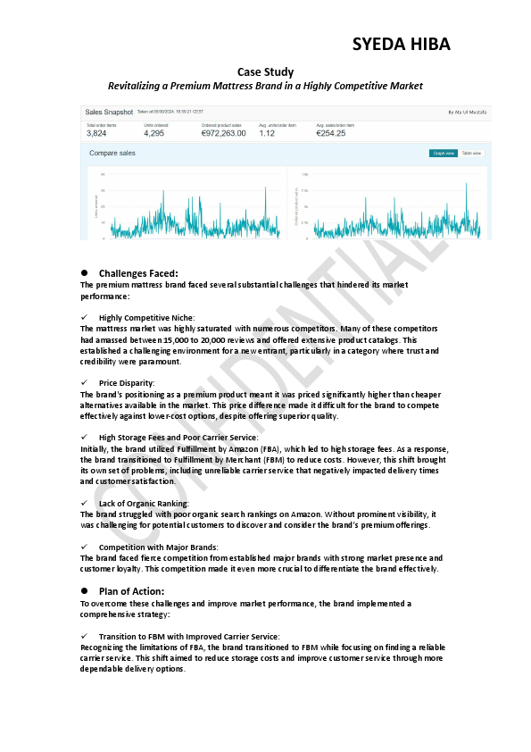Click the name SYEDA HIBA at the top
point(401,45)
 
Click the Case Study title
point(265,71)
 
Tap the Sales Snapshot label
point(108,113)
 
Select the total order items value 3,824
point(96,133)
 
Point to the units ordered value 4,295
point(154,133)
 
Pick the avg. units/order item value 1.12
point(267,133)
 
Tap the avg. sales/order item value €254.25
point(330,133)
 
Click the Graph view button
point(444,154)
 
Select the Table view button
point(471,154)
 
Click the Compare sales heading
point(112,154)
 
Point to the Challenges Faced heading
point(138,273)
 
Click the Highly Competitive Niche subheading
point(146,317)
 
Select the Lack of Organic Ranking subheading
point(144,504)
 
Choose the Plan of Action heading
point(132,591)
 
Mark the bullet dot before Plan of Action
point(84,591)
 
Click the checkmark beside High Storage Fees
point(84,437)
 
